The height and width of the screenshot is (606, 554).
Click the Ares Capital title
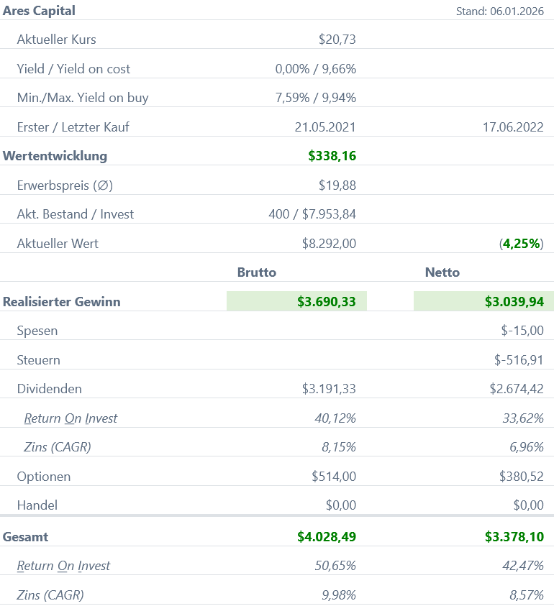39,11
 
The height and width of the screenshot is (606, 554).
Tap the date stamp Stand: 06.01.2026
499,12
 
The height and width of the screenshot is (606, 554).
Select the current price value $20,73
337,40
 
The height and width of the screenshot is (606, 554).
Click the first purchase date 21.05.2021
325,127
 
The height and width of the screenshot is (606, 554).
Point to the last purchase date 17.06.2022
513,127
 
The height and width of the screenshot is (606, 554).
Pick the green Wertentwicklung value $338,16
332,156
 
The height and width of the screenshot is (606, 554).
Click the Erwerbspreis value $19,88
337,185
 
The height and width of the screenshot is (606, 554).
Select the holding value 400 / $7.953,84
312,214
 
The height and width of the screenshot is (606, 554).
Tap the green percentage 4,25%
522,244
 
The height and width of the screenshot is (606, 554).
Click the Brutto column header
257,272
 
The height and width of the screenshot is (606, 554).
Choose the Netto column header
442,272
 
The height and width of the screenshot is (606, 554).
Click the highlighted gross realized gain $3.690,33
327,302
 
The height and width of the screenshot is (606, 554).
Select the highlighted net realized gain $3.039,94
514,302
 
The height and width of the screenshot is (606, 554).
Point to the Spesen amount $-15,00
522,331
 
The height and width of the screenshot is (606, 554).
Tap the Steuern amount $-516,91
519,360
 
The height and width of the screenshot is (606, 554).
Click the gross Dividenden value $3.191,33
329,389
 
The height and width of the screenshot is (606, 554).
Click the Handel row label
37,505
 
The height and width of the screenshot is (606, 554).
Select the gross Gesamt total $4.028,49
327,536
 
